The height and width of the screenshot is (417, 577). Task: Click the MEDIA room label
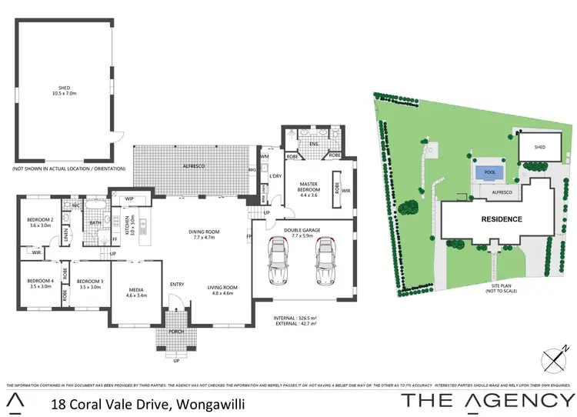[x=136, y=291]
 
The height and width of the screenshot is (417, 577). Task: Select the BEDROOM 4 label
[x=40, y=283]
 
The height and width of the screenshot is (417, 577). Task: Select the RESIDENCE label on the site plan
[x=502, y=219]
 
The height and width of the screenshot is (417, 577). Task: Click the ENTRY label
[x=178, y=285]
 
